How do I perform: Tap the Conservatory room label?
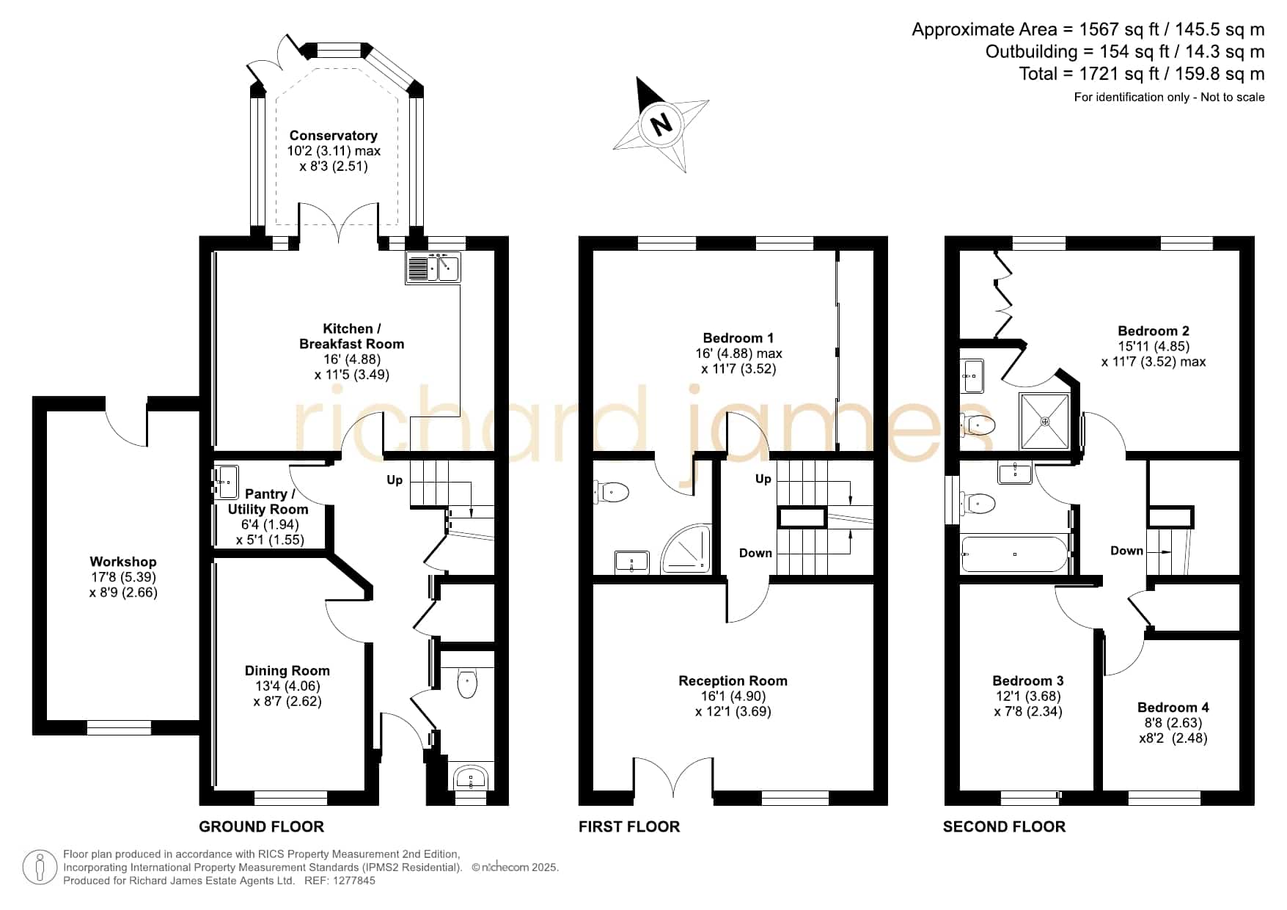click(334, 136)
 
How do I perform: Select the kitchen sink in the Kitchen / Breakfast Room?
click(433, 268)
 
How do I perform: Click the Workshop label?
click(123, 562)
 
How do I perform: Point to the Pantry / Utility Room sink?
click(226, 482)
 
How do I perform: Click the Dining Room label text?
click(287, 670)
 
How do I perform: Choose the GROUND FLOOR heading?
click(261, 826)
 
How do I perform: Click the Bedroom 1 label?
click(738, 338)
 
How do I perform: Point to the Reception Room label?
click(733, 680)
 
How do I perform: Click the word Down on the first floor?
click(755, 553)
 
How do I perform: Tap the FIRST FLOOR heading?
click(629, 826)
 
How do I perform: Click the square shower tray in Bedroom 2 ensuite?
click(1045, 421)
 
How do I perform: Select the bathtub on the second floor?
click(1015, 554)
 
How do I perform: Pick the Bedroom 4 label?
click(1173, 707)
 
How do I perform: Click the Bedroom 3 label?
click(1028, 680)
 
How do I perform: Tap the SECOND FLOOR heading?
click(1004, 826)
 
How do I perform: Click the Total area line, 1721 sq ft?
click(1142, 73)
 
